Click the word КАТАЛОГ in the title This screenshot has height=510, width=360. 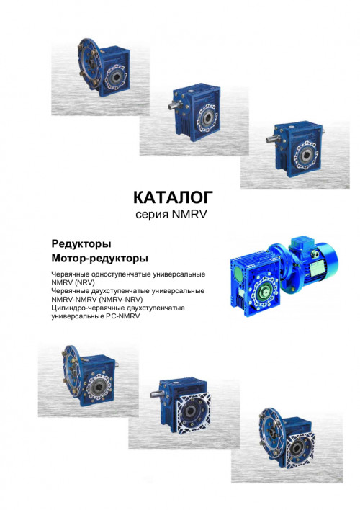(x=173, y=197)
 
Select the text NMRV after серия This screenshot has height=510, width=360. (x=189, y=215)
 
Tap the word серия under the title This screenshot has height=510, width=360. (x=152, y=215)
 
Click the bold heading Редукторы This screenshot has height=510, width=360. (x=81, y=244)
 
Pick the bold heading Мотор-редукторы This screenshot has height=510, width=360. (x=100, y=259)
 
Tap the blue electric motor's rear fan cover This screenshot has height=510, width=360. (x=329, y=261)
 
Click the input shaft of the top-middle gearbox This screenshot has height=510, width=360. (x=174, y=104)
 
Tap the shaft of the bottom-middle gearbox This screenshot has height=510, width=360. (x=156, y=394)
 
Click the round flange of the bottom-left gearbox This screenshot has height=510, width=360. (x=71, y=371)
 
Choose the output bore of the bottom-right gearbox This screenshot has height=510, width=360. (x=297, y=449)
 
